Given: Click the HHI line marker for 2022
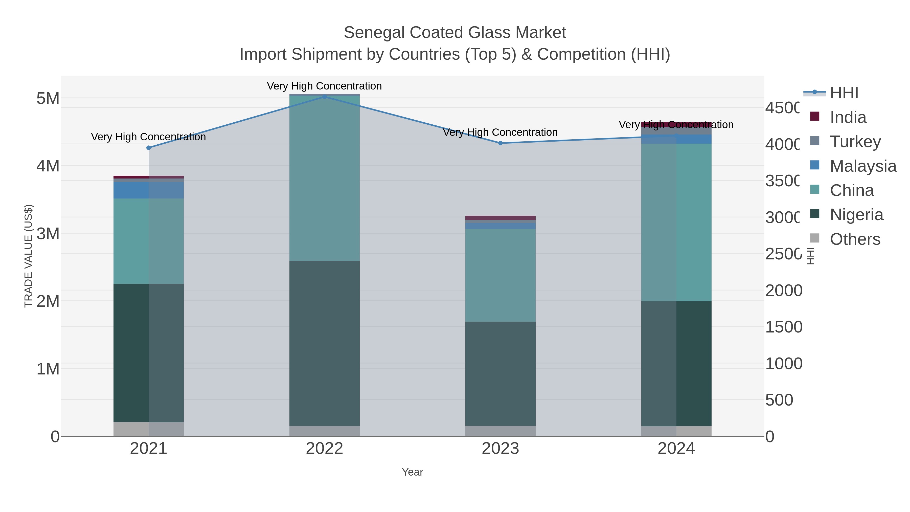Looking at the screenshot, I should click(x=324, y=97).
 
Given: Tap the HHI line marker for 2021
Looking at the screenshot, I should click(x=148, y=148).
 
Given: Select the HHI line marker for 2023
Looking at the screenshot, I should click(x=500, y=143).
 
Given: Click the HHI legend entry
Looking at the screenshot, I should click(x=844, y=93).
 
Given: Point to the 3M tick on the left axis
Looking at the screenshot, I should click(x=48, y=234).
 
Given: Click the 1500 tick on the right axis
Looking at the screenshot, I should click(x=784, y=327).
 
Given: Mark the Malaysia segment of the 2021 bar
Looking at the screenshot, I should click(x=148, y=190).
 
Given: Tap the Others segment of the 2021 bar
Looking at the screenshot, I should click(x=148, y=429).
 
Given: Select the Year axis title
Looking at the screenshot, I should click(x=412, y=472).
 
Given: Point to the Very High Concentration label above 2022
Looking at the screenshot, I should click(x=324, y=86).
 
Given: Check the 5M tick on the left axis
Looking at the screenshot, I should click(x=48, y=98).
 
